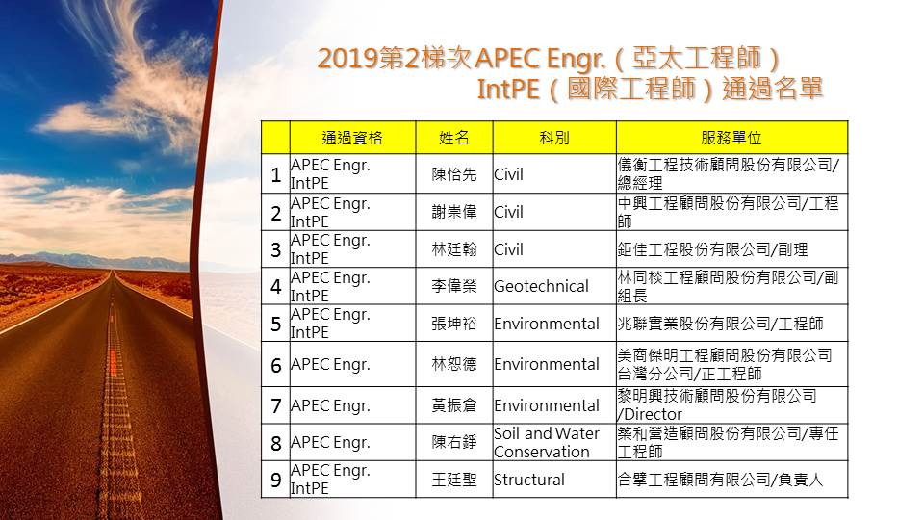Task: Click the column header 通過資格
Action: pyautogui.click(x=352, y=138)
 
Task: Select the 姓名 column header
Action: pyautogui.click(x=453, y=138)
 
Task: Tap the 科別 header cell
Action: pyautogui.click(x=554, y=138)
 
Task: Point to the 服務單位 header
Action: pyautogui.click(x=731, y=138)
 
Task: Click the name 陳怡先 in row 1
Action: pyautogui.click(x=453, y=174)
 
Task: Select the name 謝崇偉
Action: pyautogui.click(x=453, y=212)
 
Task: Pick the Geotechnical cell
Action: pyautogui.click(x=541, y=287)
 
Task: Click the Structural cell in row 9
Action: pyautogui.click(x=529, y=480)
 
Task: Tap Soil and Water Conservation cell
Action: pyautogui.click(x=547, y=443)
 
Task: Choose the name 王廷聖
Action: pyautogui.click(x=453, y=480)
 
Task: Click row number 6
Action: pyautogui.click(x=276, y=366)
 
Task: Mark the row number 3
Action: pyautogui.click(x=276, y=250)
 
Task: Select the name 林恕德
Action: pyautogui.click(x=453, y=364)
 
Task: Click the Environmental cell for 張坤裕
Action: pyautogui.click(x=547, y=324)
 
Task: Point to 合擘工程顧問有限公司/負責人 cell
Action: pyautogui.click(x=720, y=480)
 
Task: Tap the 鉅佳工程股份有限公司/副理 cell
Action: pyautogui.click(x=712, y=249)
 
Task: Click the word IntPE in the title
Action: pyautogui.click(x=508, y=90)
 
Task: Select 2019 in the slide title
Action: pyautogui.click(x=347, y=59)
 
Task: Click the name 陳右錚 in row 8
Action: pyautogui.click(x=453, y=442)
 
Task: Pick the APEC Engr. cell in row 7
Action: pyautogui.click(x=330, y=405)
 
